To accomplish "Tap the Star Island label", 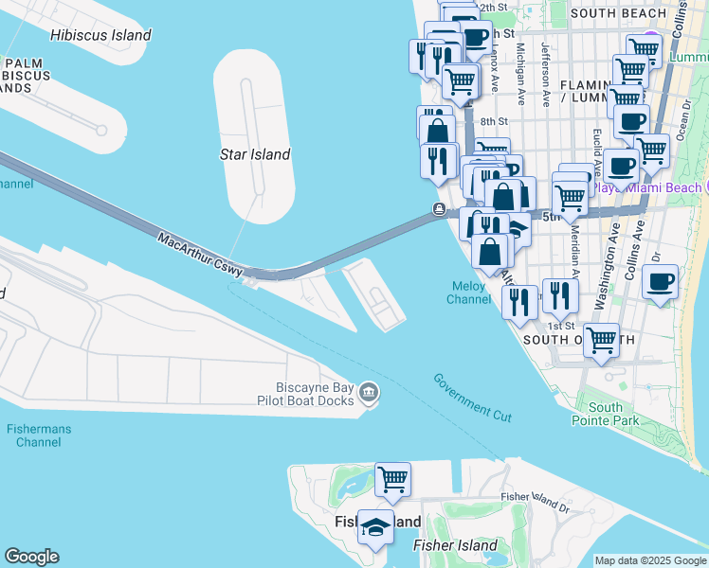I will (254, 154).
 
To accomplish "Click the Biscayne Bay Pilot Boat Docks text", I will (314, 395).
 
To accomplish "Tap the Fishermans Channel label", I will (40, 435).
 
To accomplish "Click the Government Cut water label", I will (473, 397).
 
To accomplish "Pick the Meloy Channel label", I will (468, 293).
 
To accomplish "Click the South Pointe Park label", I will (605, 413).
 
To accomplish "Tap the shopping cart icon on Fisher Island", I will (392, 480).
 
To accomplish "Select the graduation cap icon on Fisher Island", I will (375, 528).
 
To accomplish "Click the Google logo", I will (31, 557).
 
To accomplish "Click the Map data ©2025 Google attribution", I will (650, 560).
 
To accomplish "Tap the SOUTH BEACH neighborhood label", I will (619, 13).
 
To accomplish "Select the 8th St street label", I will (494, 121).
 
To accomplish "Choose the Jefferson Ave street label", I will (545, 73).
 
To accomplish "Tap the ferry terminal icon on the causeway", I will (439, 209).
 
